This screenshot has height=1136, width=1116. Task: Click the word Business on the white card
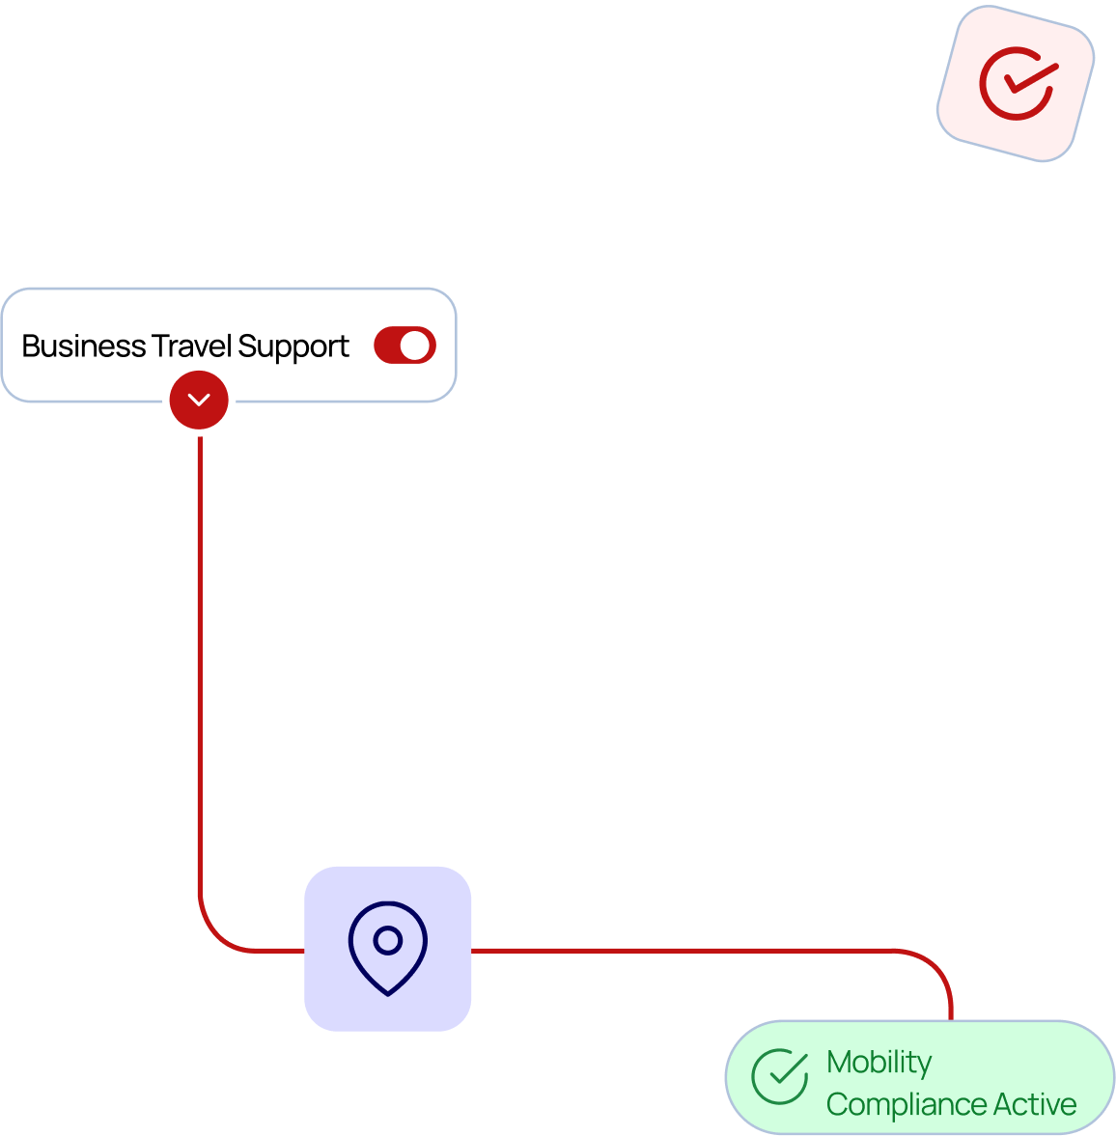(x=83, y=346)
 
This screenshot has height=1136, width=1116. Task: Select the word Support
(x=293, y=347)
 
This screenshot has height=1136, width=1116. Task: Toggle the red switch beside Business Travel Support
(x=405, y=346)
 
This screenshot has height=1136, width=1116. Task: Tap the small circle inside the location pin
(x=388, y=940)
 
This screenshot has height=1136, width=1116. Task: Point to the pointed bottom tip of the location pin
(x=388, y=992)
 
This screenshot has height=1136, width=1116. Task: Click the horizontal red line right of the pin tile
(x=676, y=951)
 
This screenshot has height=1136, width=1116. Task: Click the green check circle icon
(x=780, y=1076)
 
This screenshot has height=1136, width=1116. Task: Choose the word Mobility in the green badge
(x=879, y=1063)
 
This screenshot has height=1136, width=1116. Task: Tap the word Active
(x=1035, y=1104)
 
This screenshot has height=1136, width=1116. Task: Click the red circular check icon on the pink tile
(x=1017, y=84)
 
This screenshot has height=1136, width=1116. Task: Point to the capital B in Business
(x=30, y=346)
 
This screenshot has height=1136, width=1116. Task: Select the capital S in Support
(x=246, y=346)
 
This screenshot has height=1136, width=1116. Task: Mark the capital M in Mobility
(x=839, y=1062)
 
